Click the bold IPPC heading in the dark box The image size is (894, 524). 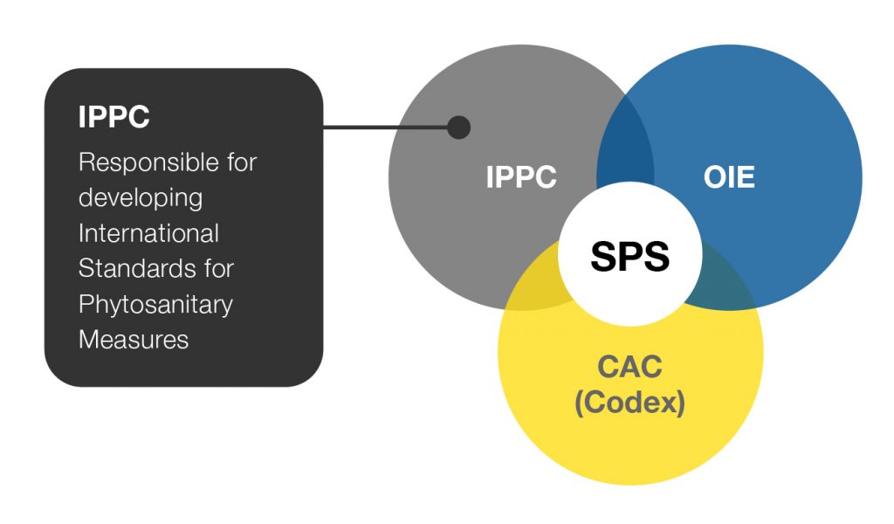[114, 117]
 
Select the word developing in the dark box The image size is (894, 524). [141, 199]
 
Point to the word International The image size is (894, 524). [148, 233]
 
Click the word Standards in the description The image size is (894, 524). [140, 269]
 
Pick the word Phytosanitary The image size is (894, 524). [155, 305]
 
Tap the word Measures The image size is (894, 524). [134, 340]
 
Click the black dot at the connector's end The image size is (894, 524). [459, 128]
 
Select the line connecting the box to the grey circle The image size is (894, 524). [385, 127]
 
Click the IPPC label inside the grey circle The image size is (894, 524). [521, 176]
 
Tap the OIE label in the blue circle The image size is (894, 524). [729, 177]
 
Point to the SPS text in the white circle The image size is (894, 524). [630, 256]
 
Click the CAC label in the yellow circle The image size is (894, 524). [630, 367]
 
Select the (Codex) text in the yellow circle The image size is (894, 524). [630, 403]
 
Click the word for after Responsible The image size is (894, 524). [242, 162]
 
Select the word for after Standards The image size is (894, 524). [219, 269]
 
